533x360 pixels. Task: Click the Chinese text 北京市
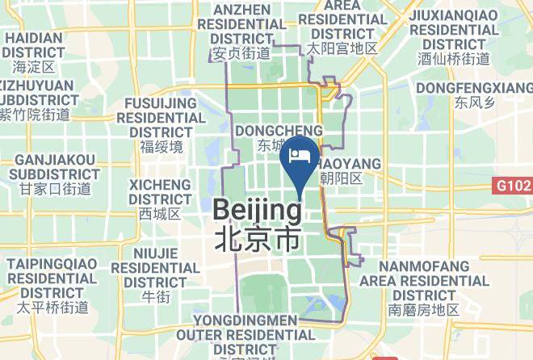[x=258, y=239]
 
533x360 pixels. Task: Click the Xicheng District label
[x=160, y=190]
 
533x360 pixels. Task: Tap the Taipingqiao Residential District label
[x=52, y=278]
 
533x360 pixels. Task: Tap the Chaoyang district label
[x=349, y=164]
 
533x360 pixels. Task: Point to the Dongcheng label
[x=278, y=130]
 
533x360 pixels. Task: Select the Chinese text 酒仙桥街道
[x=454, y=59]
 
